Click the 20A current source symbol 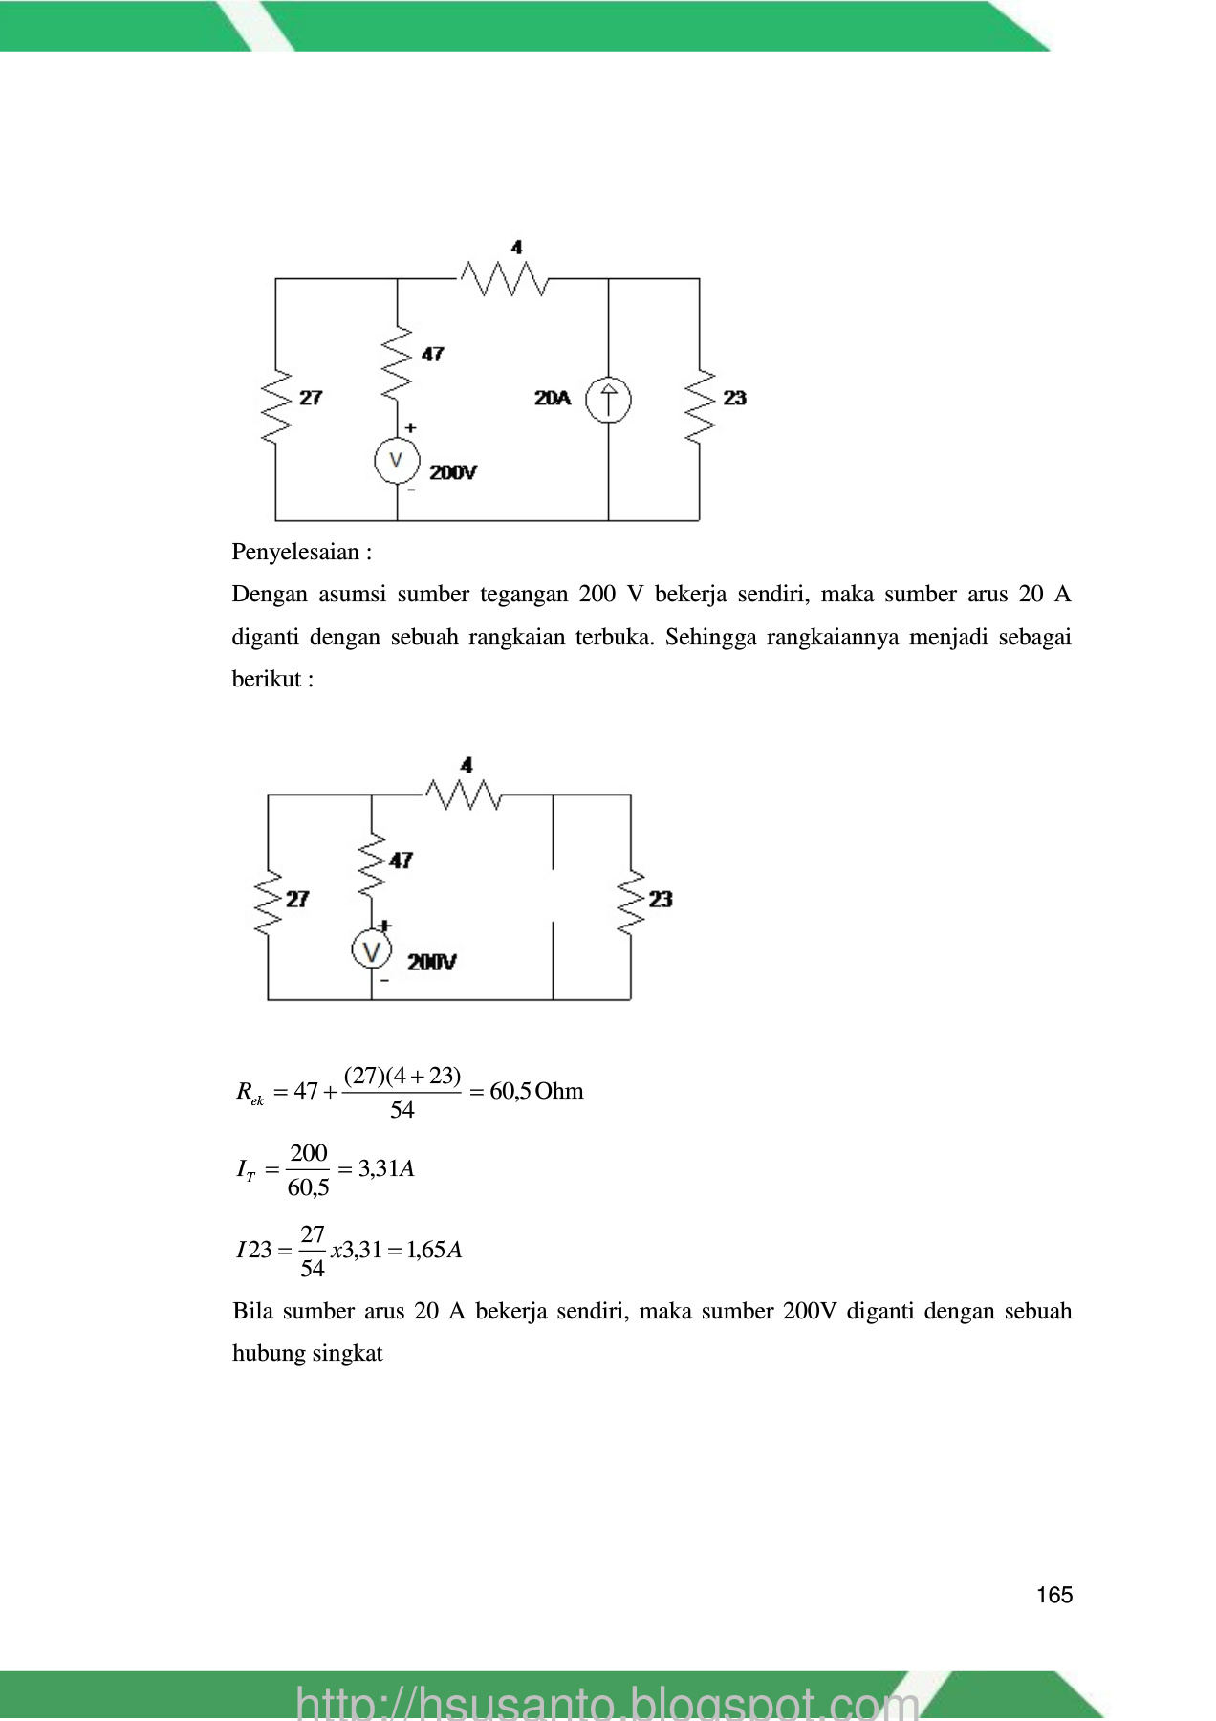coord(608,400)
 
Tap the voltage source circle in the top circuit coord(396,461)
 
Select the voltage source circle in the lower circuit coord(371,950)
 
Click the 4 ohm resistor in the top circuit coord(504,279)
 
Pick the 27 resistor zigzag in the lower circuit coord(268,902)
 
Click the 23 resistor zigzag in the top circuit coord(700,404)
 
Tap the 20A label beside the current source coord(553,398)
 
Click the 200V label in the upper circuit coord(453,472)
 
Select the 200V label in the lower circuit coord(432,963)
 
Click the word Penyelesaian coord(295,552)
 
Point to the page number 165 coord(1054,1595)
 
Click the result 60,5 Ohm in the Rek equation coord(536,1091)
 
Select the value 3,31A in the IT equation coord(386,1168)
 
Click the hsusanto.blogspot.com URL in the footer coord(608,1702)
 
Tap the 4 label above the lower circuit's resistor coord(467,765)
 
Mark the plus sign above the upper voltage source coord(411,428)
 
